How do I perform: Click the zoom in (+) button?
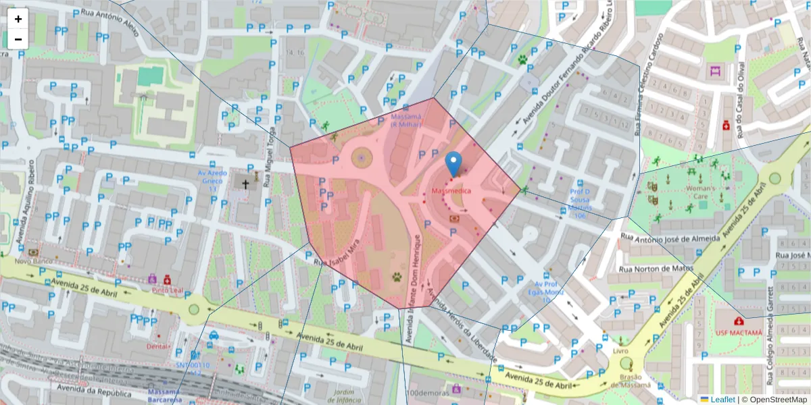pos(18,19)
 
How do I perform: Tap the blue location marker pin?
pos(453,163)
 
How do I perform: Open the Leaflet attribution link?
pos(722,400)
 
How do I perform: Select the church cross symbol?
pos(245,184)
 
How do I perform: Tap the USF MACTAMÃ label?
pos(739,333)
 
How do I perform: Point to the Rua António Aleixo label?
pos(109,20)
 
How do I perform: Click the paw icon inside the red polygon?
pos(397,277)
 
